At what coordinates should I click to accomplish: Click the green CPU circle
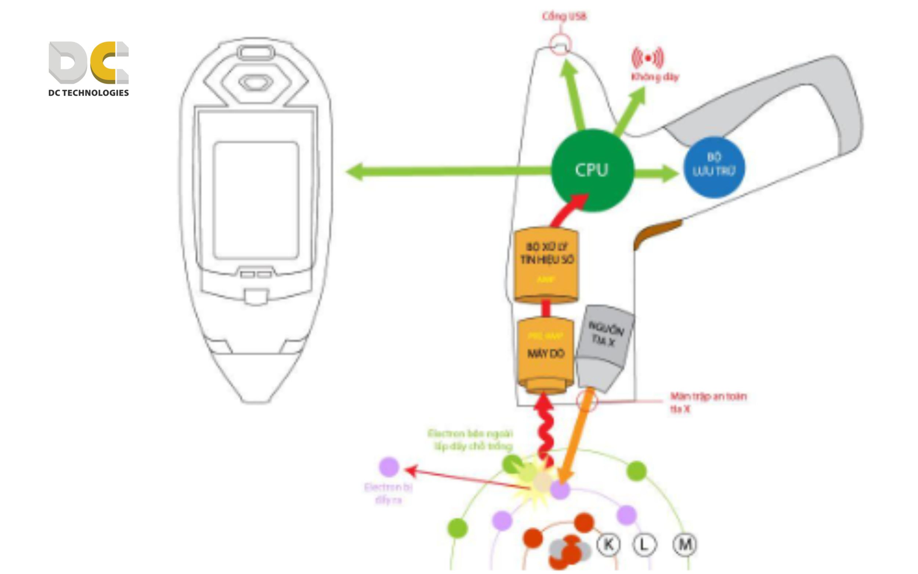click(x=592, y=170)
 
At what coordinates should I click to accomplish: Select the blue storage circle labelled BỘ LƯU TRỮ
click(x=714, y=167)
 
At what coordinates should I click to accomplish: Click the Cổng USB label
click(x=564, y=16)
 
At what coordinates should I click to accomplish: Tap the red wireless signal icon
click(x=648, y=58)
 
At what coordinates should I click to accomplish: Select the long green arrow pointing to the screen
click(x=448, y=172)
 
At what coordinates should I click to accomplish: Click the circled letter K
click(x=608, y=544)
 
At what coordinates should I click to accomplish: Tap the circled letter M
click(x=684, y=544)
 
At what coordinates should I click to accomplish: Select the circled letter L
click(x=644, y=544)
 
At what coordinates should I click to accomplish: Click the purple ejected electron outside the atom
click(x=389, y=466)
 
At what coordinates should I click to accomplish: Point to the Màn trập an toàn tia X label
click(x=708, y=402)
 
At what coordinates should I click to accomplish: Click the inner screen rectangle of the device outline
click(x=256, y=200)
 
